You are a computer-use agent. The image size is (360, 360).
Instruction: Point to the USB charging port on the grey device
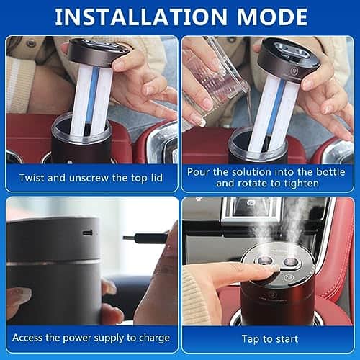point(87,234)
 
